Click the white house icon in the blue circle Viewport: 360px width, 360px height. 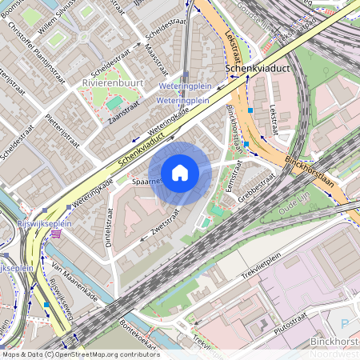coord(180,173)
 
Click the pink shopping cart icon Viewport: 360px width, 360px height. coord(54,234)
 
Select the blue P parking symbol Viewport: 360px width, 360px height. coord(345,324)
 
